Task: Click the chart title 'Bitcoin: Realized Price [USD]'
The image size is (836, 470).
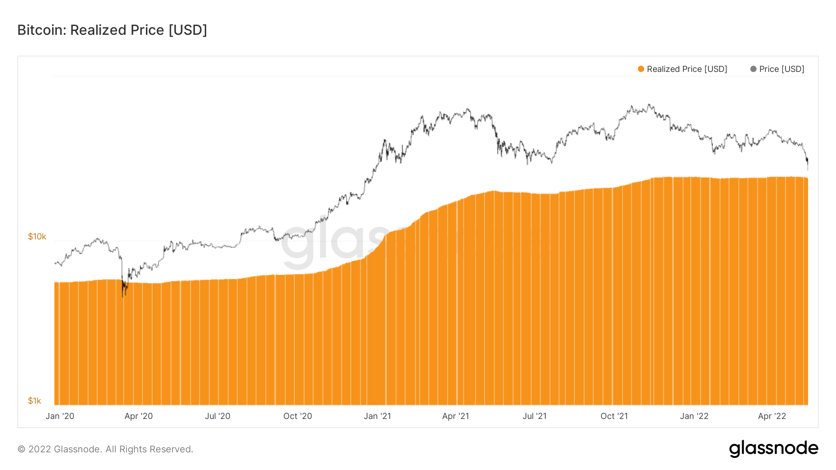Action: click(x=112, y=30)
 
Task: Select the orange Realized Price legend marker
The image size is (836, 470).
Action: click(x=641, y=69)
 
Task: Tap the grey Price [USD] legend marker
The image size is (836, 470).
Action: click(x=753, y=69)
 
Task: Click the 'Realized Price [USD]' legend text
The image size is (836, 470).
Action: click(x=687, y=69)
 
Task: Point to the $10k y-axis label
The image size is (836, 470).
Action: click(x=37, y=237)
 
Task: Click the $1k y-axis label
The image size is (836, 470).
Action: click(x=34, y=401)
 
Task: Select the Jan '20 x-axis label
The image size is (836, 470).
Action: click(x=60, y=416)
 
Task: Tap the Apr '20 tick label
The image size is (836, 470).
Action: click(x=138, y=416)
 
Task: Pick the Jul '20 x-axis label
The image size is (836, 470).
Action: click(x=217, y=416)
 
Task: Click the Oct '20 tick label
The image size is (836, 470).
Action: click(x=298, y=416)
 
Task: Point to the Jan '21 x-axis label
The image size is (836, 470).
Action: click(x=377, y=416)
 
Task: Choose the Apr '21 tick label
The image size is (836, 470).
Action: click(x=456, y=416)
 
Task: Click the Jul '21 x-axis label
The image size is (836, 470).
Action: click(x=535, y=416)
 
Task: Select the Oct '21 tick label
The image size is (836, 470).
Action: click(x=614, y=416)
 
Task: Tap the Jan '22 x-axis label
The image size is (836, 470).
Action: click(x=694, y=416)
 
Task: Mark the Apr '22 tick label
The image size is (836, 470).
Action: click(x=772, y=416)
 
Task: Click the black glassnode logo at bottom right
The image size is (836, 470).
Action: click(x=773, y=449)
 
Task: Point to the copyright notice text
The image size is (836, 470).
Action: click(x=105, y=449)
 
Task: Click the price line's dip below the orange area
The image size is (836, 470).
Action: click(x=123, y=290)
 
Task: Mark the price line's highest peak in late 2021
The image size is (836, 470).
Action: click(x=649, y=105)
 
